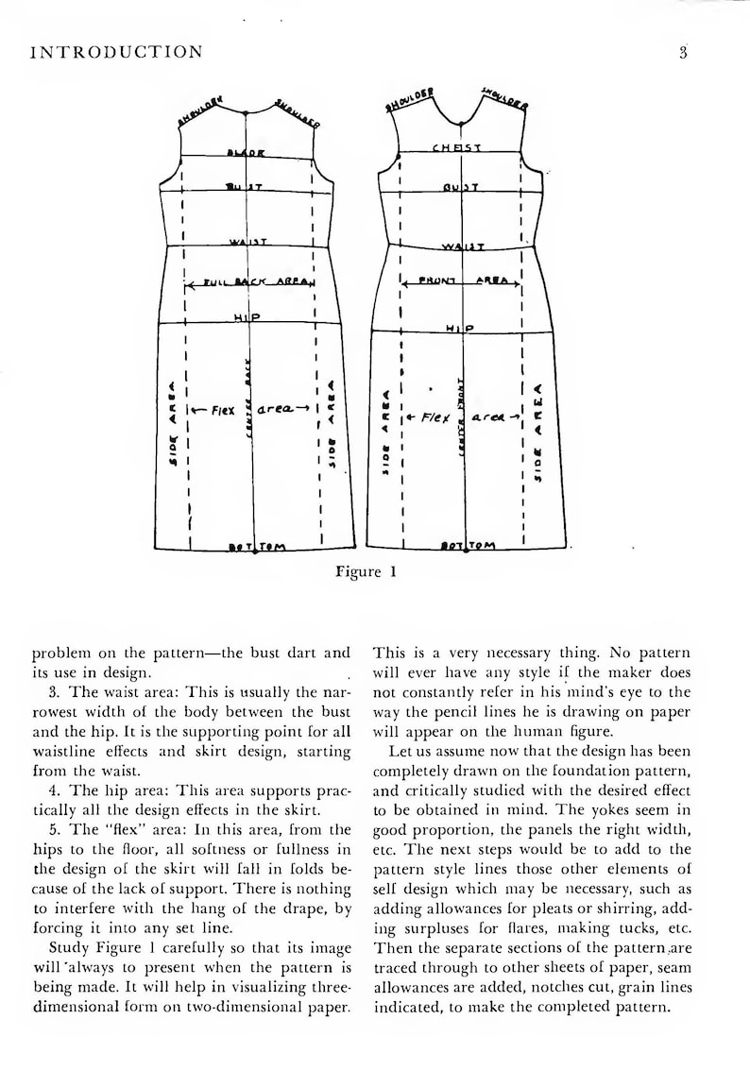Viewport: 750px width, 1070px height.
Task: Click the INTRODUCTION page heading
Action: [x=116, y=53]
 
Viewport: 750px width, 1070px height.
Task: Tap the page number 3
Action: [x=682, y=53]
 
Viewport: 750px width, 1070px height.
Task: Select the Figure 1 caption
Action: [x=359, y=572]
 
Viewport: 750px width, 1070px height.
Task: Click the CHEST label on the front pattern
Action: [x=458, y=148]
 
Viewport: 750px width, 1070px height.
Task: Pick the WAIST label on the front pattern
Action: [x=463, y=247]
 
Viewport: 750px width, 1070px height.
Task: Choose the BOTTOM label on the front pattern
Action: [x=468, y=546]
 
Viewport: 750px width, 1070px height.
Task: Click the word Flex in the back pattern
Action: [x=221, y=410]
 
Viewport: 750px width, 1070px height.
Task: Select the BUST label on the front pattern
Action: [x=461, y=187]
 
